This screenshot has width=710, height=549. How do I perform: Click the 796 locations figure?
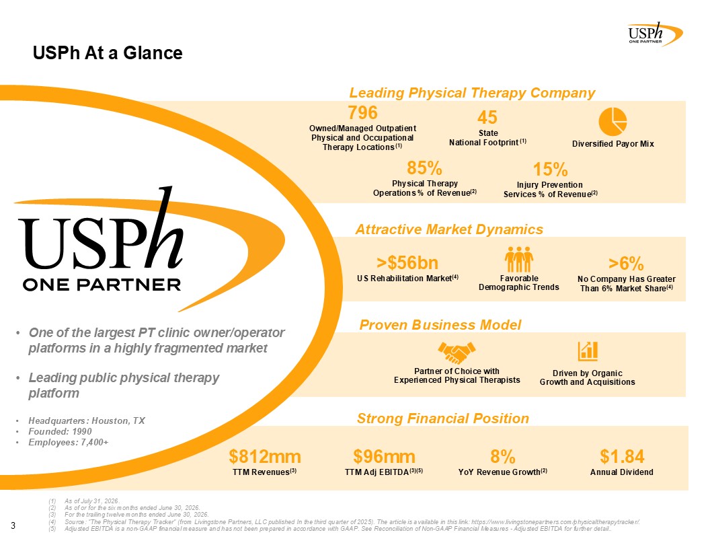[x=362, y=112]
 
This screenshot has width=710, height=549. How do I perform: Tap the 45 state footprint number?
[x=487, y=117]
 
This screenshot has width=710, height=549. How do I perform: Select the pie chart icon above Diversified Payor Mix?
[x=613, y=121]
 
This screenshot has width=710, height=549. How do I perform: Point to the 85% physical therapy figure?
[x=424, y=168]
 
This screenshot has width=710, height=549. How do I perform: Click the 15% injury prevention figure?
[x=550, y=170]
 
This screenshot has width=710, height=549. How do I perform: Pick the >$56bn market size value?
[x=407, y=262]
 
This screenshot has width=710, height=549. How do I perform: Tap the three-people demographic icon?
[x=519, y=260]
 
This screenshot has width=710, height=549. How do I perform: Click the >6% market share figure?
[x=626, y=263]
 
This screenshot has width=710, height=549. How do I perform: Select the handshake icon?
[x=457, y=353]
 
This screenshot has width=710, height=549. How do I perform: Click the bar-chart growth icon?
[x=588, y=351]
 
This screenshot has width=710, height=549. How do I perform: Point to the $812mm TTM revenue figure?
[x=264, y=457]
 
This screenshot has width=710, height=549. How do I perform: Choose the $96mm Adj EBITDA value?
[x=384, y=457]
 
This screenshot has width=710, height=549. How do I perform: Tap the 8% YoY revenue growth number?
[x=503, y=457]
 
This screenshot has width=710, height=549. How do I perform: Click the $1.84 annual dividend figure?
[x=622, y=456]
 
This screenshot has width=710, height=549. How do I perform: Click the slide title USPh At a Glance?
[x=108, y=53]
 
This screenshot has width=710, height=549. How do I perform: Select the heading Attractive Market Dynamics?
[x=449, y=229]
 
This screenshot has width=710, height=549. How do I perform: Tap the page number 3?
[x=13, y=525]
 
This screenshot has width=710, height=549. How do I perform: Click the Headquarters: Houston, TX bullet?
[x=87, y=420]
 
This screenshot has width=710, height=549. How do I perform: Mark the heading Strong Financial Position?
[x=443, y=418]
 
